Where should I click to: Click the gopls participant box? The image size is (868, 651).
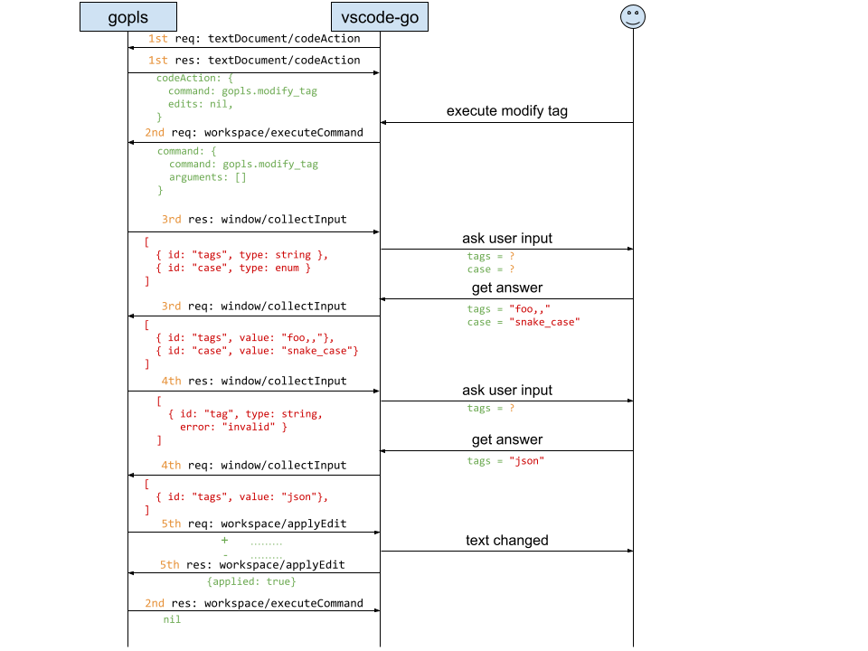pos(128,16)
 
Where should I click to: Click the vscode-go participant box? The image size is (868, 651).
pos(380,16)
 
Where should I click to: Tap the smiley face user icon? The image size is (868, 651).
pos(633,16)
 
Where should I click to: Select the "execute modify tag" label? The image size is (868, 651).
pos(507,111)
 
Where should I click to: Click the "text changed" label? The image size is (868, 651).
pos(507,541)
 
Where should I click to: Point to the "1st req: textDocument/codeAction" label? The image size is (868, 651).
pos(254,39)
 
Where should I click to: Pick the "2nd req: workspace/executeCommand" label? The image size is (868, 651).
pos(254,133)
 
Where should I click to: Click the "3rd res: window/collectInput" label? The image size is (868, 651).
pos(254,219)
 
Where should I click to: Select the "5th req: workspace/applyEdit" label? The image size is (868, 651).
pos(254,524)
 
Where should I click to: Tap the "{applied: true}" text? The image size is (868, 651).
pos(251,581)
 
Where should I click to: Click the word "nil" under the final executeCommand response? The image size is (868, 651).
pos(172,619)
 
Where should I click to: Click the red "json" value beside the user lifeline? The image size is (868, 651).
pos(526,461)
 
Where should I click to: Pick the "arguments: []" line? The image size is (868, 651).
pos(208,177)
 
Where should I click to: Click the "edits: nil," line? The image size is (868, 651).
pos(201,104)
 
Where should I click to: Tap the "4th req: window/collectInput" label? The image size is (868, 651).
pos(254,466)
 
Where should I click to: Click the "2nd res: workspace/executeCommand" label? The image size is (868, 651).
pos(254,603)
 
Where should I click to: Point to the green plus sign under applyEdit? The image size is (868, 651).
pos(224,541)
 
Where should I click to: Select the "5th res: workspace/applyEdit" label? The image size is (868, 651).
pos(252,564)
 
